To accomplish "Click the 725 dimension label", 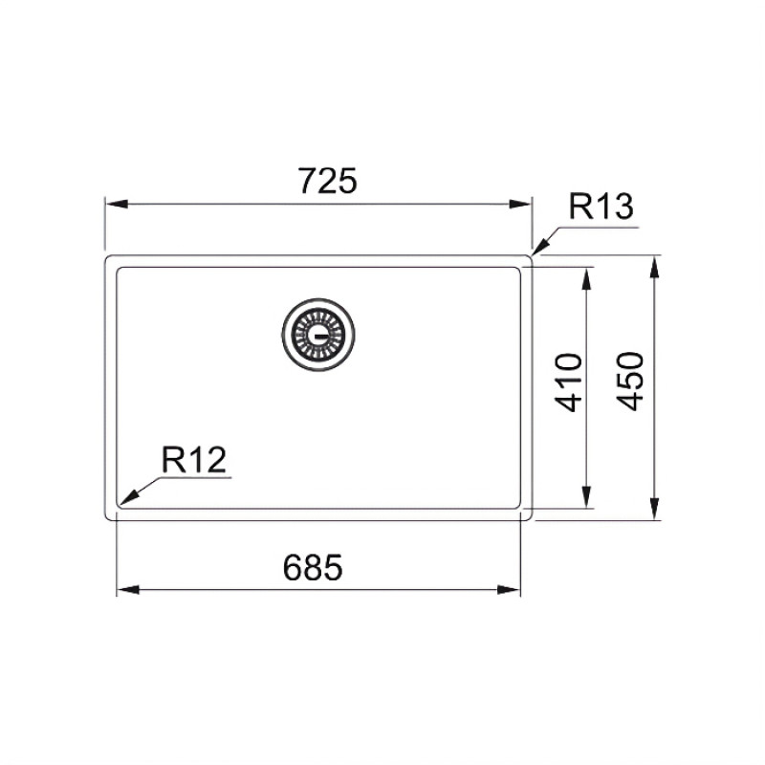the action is pos(327,181).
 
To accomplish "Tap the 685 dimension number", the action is pos(313,567).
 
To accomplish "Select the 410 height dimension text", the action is pos(569,382).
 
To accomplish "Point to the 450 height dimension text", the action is pos(630,381).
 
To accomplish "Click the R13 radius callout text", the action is pos(601,207).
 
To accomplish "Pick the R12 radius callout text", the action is pos(194,460).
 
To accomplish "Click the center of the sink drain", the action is pos(318,335).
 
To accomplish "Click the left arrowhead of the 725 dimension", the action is pos(117,204).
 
